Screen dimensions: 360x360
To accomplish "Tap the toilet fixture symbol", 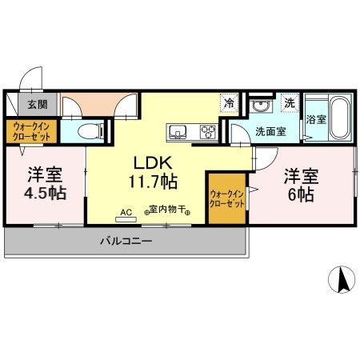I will (95, 130).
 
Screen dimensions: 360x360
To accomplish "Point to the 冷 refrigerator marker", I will (230, 103).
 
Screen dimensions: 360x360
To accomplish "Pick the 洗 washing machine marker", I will (290, 103).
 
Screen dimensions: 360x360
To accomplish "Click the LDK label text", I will (148, 160).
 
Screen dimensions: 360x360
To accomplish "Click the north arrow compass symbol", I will (342, 279).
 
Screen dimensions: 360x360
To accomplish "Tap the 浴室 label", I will (315, 119).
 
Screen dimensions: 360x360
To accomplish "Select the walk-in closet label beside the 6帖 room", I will (227, 198).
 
